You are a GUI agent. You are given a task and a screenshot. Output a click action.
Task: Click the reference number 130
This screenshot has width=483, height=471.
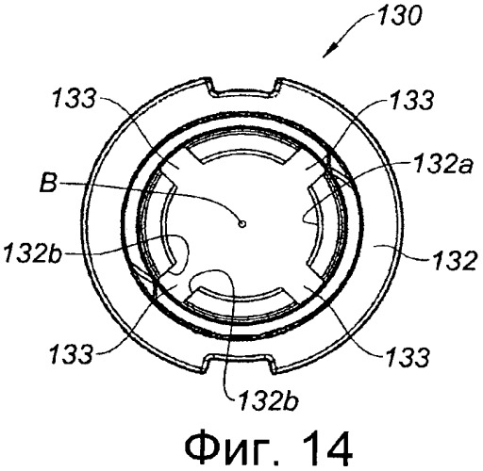pos(399,16)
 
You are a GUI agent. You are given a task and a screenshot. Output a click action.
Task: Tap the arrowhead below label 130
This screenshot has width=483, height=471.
pos(329,52)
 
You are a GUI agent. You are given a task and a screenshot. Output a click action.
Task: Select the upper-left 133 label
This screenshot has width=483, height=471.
pos(74,98)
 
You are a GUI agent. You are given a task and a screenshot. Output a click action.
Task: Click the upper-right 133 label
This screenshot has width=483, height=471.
pos(411,100)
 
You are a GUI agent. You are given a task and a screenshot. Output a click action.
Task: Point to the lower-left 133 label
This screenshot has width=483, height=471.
pos(71,353)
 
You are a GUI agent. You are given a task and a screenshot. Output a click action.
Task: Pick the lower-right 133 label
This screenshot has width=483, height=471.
pos(408,357)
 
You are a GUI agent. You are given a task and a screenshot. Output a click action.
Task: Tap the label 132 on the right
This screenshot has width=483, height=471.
pos(455,261)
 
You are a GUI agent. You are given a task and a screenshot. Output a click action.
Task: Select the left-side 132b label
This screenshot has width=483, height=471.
pos(33,252)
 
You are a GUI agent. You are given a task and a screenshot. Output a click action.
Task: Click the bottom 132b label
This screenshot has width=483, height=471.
pos(268,400)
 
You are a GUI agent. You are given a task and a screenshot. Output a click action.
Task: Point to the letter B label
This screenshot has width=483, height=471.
pos(49,183)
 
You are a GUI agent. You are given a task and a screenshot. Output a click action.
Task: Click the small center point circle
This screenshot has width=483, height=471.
pos(241,224)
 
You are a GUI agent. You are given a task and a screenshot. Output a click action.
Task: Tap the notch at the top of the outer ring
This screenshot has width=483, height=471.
pos(241,90)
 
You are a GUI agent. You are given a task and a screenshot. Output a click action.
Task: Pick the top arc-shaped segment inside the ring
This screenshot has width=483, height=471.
pos(241,154)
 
